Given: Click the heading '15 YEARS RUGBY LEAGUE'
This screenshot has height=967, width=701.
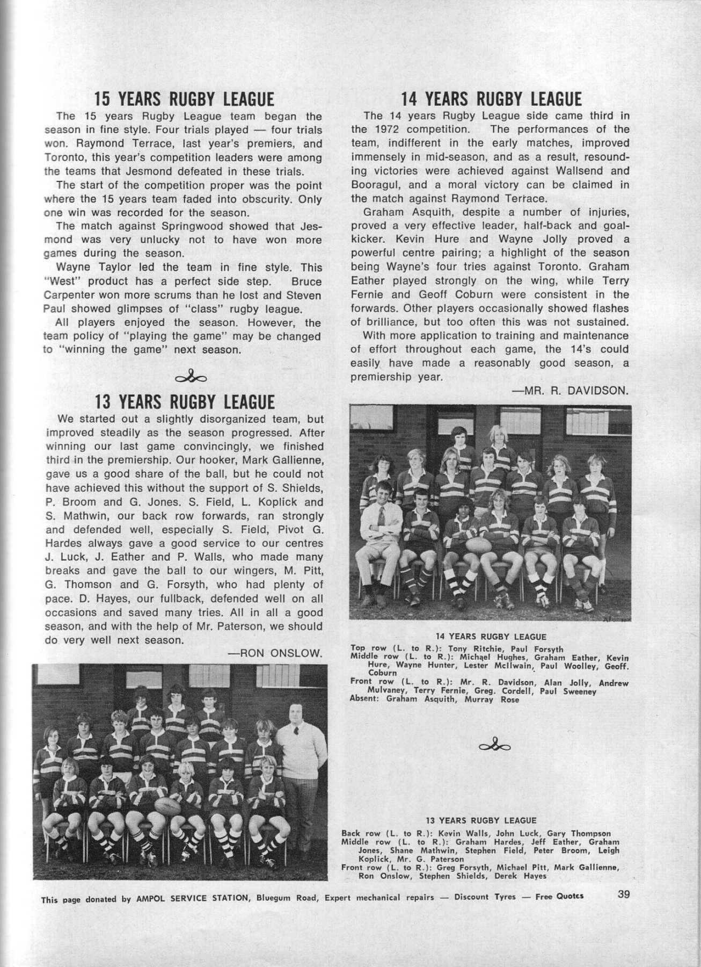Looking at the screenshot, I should click(x=184, y=99).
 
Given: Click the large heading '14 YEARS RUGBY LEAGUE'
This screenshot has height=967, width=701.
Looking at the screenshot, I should click(x=491, y=99).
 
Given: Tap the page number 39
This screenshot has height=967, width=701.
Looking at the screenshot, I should click(x=623, y=894).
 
